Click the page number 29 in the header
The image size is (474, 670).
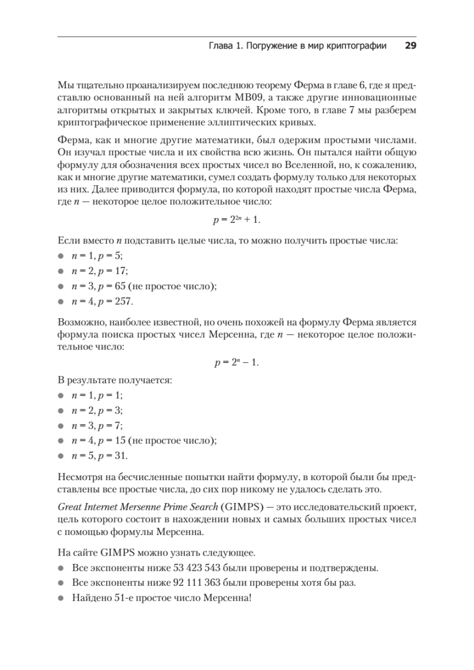(x=410, y=47)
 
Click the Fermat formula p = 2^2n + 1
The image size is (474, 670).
(x=237, y=221)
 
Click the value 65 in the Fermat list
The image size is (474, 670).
(x=119, y=286)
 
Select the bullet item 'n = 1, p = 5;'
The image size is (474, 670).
(x=97, y=256)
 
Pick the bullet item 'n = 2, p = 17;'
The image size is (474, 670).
(x=99, y=271)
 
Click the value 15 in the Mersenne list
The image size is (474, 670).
(x=119, y=441)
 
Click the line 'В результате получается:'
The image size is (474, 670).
(x=114, y=380)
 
